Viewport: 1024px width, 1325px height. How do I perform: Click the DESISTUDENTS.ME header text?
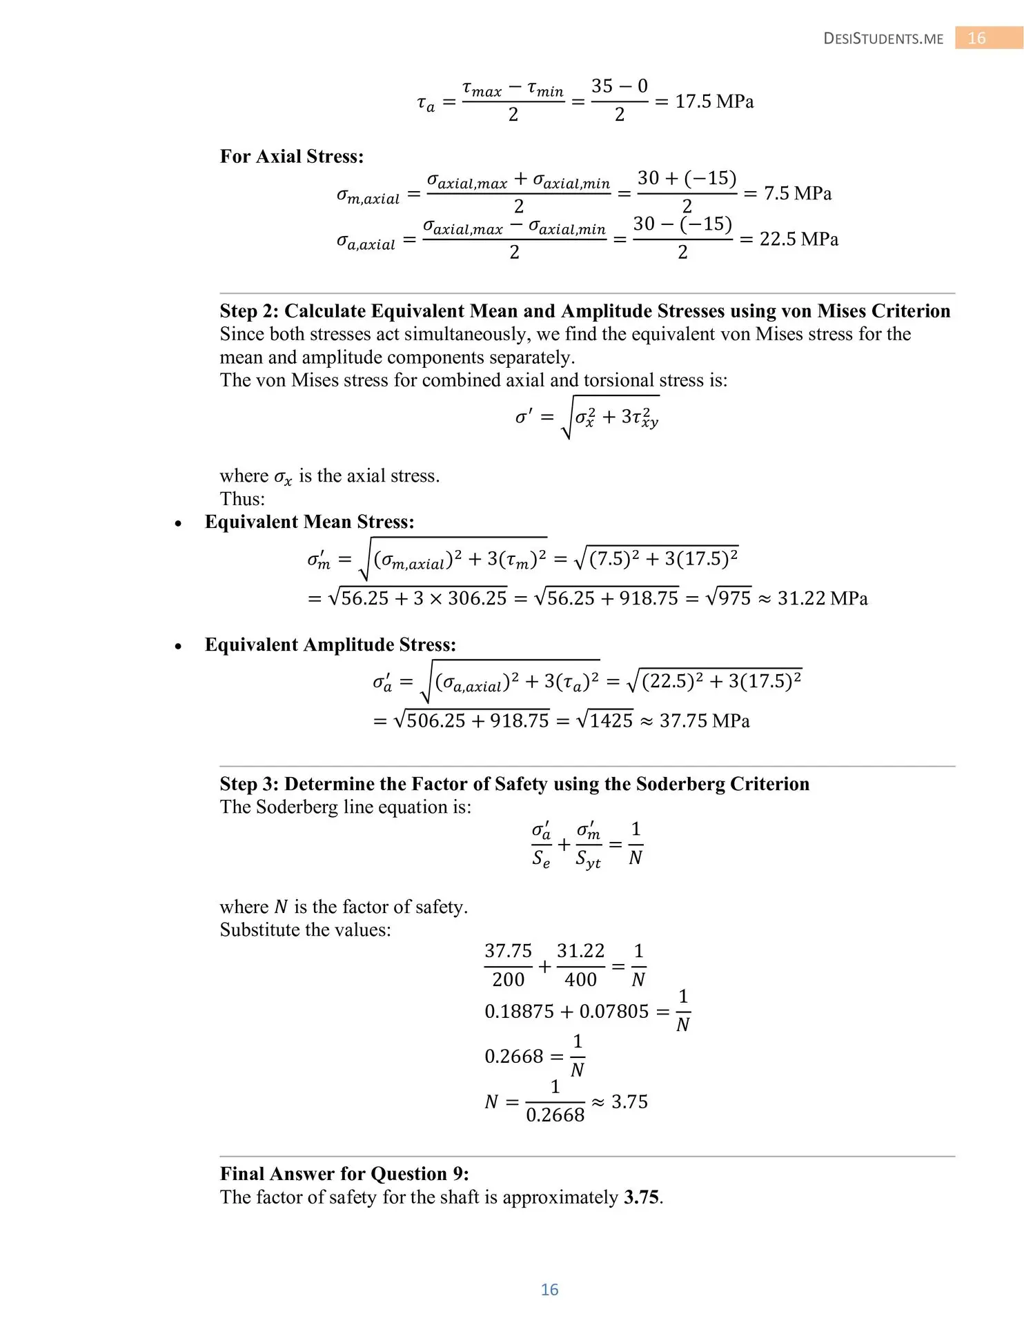[x=883, y=39]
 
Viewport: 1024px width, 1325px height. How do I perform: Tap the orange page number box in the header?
[x=976, y=38]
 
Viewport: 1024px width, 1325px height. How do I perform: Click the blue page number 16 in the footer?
[x=549, y=1289]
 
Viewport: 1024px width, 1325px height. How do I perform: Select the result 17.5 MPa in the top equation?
[x=714, y=101]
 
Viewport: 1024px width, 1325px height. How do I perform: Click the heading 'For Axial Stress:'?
[x=291, y=157]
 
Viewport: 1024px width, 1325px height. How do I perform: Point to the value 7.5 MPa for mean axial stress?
[x=797, y=193]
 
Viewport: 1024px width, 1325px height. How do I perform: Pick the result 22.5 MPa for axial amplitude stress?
[x=799, y=239]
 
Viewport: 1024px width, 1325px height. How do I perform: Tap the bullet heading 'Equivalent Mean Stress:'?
[x=309, y=522]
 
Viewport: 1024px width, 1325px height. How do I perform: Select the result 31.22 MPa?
[x=823, y=598]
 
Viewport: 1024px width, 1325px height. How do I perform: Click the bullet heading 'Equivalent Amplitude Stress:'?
[x=330, y=645]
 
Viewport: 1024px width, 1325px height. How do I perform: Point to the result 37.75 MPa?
[x=705, y=721]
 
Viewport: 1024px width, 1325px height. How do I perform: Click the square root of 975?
[x=729, y=598]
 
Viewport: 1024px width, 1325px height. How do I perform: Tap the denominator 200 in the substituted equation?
[x=508, y=979]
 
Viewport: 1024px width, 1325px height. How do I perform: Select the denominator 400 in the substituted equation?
[x=580, y=979]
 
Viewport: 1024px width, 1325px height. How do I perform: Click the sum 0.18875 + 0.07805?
[x=567, y=1012]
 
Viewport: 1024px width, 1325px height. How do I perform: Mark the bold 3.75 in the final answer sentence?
[x=641, y=1197]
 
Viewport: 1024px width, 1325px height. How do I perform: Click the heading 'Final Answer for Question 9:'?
[x=344, y=1174]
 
